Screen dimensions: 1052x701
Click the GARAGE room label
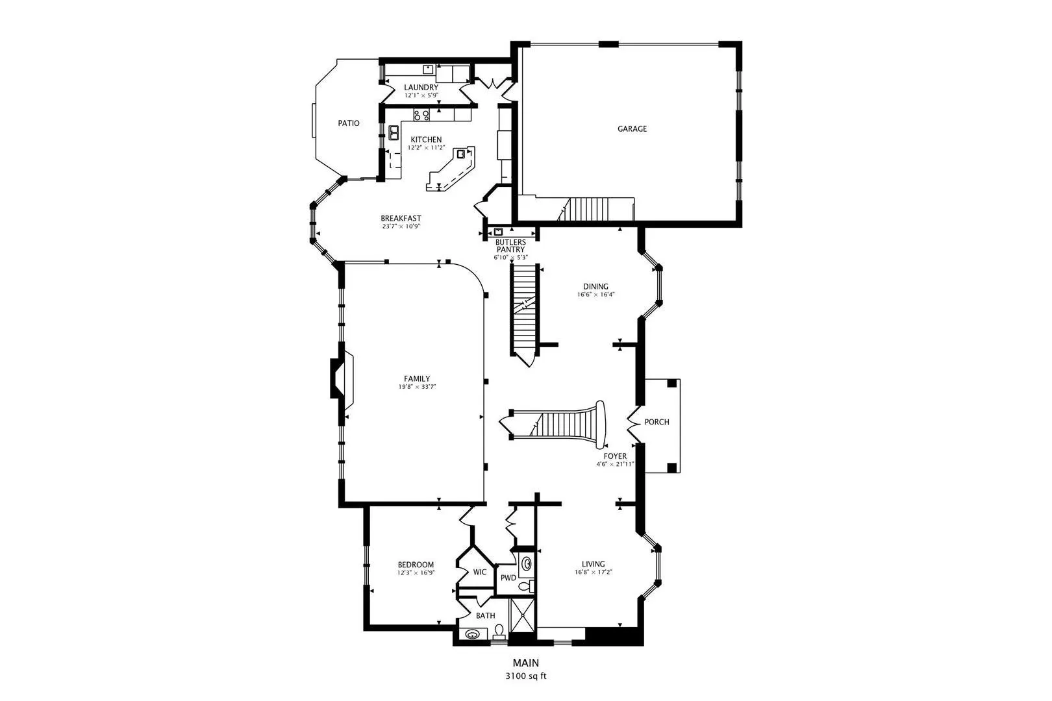[632, 129]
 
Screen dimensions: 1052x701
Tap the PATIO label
[349, 123]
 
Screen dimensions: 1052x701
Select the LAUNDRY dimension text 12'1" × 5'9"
[421, 95]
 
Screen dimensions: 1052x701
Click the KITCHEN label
[426, 140]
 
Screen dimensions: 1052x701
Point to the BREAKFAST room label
[401, 218]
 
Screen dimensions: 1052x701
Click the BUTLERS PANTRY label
[510, 245]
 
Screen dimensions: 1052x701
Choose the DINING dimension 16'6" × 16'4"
[596, 295]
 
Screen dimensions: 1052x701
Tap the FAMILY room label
[417, 379]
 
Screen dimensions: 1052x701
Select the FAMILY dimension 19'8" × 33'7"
[417, 387]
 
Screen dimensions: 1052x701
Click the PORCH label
[657, 422]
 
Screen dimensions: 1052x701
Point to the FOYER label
[615, 456]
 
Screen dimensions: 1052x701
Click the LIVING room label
[593, 564]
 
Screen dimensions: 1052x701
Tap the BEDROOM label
[416, 565]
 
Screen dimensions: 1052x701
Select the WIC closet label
[479, 572]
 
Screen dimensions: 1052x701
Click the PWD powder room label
[508, 578]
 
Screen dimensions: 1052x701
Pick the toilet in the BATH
[499, 632]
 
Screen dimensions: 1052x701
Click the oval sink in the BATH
[471, 634]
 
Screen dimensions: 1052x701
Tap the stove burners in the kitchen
[421, 115]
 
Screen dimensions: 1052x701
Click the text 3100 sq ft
[525, 676]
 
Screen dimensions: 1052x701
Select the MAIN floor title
[525, 663]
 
